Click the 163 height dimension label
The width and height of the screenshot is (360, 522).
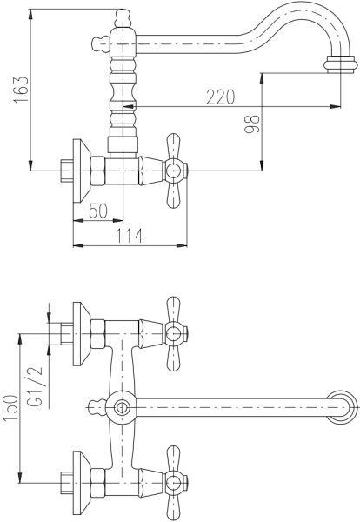(21, 90)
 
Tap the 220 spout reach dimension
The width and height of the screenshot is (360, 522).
(221, 97)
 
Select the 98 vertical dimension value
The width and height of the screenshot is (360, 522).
(252, 124)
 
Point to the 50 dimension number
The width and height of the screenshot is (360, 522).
(98, 211)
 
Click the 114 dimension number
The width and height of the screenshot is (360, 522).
(130, 236)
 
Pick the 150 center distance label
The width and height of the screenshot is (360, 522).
(11, 408)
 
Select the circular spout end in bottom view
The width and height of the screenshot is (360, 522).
(342, 407)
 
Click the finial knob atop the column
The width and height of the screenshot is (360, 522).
(123, 18)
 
